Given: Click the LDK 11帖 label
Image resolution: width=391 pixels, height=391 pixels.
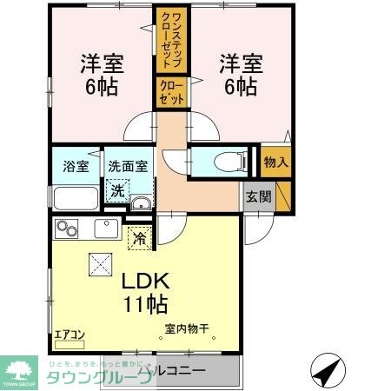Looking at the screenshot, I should (143, 293).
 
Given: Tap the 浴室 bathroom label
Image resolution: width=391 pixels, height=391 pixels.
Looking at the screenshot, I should (70, 165).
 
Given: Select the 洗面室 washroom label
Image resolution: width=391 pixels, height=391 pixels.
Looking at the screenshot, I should (128, 165).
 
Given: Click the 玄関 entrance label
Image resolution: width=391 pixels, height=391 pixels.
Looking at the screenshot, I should (257, 195).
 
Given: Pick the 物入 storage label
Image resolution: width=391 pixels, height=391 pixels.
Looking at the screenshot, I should (275, 162).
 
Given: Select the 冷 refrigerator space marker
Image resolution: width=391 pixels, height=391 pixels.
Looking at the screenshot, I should (137, 235).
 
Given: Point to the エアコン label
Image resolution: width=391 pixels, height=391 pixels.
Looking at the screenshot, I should (69, 332).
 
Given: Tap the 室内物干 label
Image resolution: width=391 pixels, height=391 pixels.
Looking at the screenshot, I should (188, 329).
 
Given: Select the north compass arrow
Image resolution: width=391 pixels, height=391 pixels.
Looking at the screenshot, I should (327, 372).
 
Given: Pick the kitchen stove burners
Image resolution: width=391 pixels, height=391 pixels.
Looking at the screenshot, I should (68, 229).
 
